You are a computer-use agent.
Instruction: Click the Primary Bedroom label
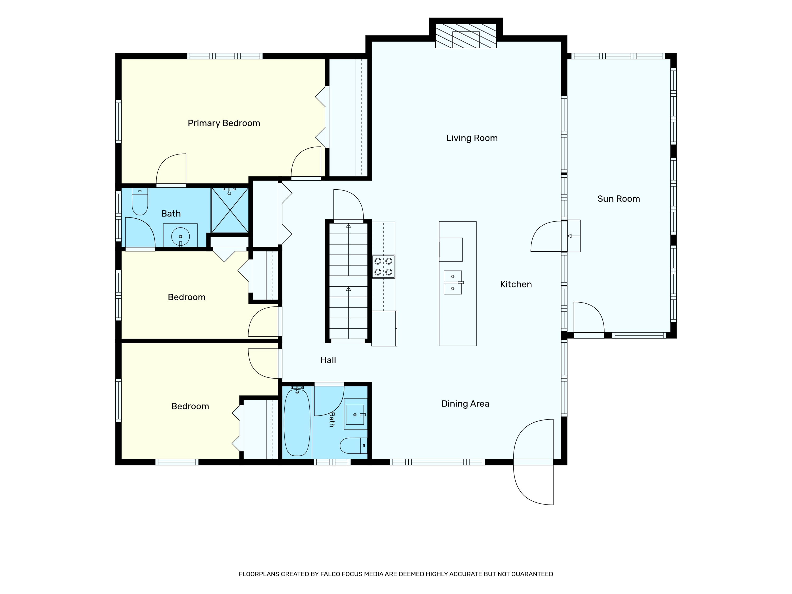tap(224, 123)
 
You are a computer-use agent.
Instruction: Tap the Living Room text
tap(472, 138)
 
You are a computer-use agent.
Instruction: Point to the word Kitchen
tap(516, 284)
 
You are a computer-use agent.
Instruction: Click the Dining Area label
tap(465, 404)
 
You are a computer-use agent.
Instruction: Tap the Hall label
tap(328, 360)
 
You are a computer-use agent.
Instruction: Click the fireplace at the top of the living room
tap(466, 36)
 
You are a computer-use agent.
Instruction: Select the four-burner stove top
tap(383, 267)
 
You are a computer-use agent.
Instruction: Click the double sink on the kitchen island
tap(453, 282)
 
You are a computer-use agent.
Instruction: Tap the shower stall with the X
tap(230, 210)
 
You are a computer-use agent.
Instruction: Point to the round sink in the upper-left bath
tap(181, 236)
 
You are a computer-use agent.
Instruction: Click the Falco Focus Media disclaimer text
tap(396, 574)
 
